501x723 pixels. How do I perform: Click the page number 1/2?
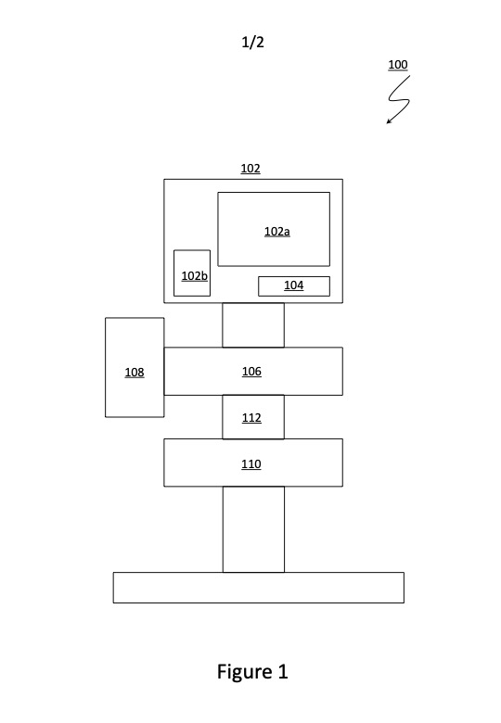pyautogui.click(x=252, y=43)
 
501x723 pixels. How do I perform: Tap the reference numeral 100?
pyautogui.click(x=398, y=65)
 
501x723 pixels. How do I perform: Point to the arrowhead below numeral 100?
pyautogui.click(x=389, y=121)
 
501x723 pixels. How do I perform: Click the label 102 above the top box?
pyautogui.click(x=250, y=169)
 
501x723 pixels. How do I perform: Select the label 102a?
pyautogui.click(x=276, y=232)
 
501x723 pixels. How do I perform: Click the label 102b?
pyautogui.click(x=194, y=275)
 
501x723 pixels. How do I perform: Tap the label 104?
pyautogui.click(x=294, y=285)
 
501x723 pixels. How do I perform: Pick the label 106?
pyautogui.click(x=251, y=371)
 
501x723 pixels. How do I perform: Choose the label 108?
pyautogui.click(x=135, y=372)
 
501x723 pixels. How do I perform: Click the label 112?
pyautogui.click(x=251, y=418)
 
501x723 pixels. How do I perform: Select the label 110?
pyautogui.click(x=250, y=463)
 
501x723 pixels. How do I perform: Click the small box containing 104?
pyautogui.click(x=294, y=286)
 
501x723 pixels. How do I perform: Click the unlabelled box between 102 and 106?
pyautogui.click(x=253, y=325)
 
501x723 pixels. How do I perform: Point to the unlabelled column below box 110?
pyautogui.click(x=253, y=529)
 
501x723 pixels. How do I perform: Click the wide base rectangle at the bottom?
pyautogui.click(x=259, y=588)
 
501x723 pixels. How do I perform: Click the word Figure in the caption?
pyautogui.click(x=245, y=672)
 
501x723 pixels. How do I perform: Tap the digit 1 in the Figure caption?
pyautogui.click(x=283, y=671)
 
